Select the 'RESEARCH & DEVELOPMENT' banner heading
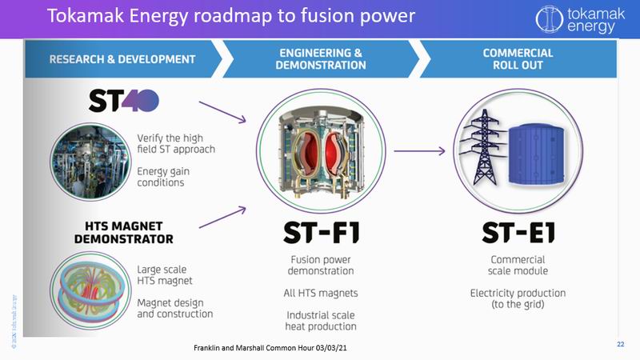[122, 59]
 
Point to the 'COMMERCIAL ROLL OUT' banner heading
[517, 59]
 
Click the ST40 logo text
[124, 101]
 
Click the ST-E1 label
[518, 232]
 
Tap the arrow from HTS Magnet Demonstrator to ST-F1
[222, 217]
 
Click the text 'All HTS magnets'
[321, 293]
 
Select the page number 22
[620, 344]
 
